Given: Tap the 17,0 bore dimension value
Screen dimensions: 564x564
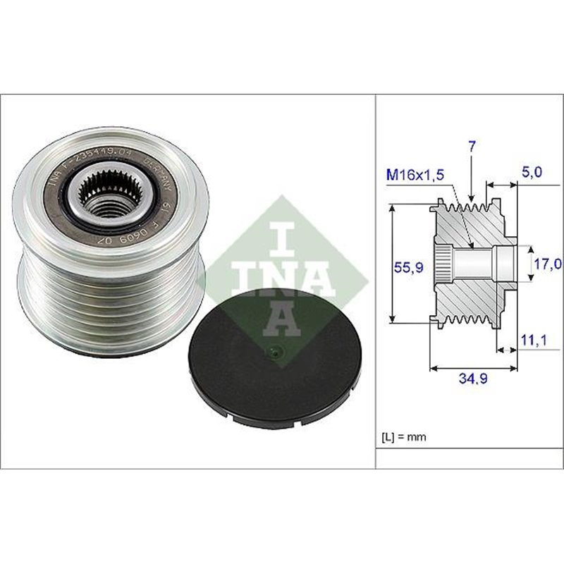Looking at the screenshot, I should point(547,264).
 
